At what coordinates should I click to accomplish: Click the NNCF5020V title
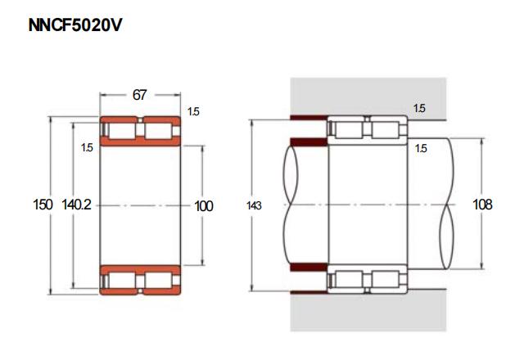pos(75,25)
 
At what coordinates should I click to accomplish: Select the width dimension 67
pos(139,95)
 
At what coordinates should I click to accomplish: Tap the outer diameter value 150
pos(43,205)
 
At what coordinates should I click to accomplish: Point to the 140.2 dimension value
pos(76,205)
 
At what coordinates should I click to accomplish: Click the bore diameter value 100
pos(204,206)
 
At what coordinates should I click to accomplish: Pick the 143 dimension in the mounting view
pos(254,205)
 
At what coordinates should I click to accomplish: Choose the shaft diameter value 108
pos(482,205)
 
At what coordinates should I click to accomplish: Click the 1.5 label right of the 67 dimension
pos(193,111)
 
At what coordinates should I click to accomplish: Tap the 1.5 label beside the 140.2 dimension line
pos(87,147)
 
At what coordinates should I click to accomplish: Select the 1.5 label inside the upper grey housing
pos(419,108)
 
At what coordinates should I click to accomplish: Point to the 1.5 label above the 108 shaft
pos(421,148)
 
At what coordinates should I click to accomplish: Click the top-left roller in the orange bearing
pos(122,131)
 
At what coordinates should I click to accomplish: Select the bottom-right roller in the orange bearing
pos(158,280)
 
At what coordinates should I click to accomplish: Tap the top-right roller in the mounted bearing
pos(385,129)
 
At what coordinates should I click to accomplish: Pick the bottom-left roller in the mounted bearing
pos(349,280)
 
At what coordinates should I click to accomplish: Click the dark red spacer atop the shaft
pos(309,142)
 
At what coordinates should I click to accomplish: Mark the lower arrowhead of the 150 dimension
pos(51,291)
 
